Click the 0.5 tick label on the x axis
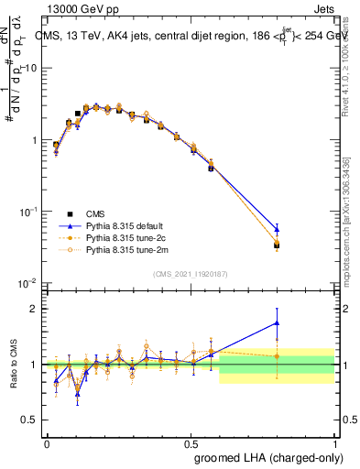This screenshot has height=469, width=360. pyautogui.click(x=191, y=442)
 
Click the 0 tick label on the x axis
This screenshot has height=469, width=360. pyautogui.click(x=47, y=442)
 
